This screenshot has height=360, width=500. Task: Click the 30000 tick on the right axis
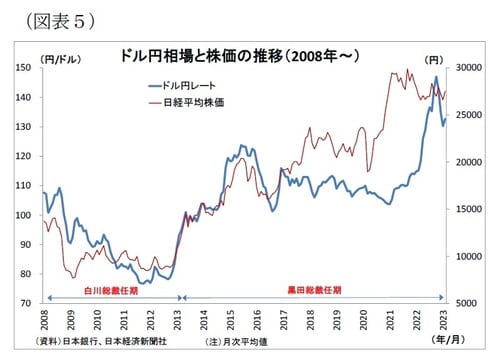tap(467, 68)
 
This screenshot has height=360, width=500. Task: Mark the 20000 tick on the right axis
tap(467, 162)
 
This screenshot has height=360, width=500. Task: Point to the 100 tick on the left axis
tap(25, 215)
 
